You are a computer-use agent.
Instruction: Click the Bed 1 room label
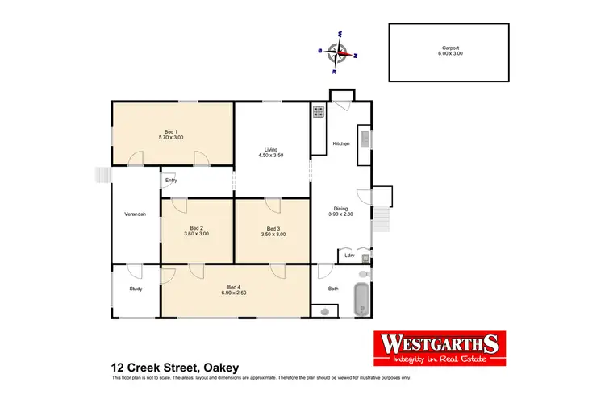tap(169, 132)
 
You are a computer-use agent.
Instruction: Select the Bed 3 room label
tap(273, 228)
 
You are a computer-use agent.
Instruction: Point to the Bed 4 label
tap(234, 288)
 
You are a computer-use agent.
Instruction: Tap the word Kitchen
tap(341, 144)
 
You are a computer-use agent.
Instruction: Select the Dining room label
tap(341, 209)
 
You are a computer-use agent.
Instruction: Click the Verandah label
tap(135, 214)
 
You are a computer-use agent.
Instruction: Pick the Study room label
tap(136, 288)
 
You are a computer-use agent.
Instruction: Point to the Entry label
tap(171, 180)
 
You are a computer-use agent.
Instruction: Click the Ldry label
tap(349, 256)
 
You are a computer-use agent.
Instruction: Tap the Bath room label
tap(333, 288)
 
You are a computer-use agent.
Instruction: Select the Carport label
tap(450, 48)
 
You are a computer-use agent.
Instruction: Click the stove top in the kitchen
tap(319, 113)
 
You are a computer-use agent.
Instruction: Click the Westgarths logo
tap(436, 347)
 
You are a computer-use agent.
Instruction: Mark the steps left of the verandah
tap(102, 175)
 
